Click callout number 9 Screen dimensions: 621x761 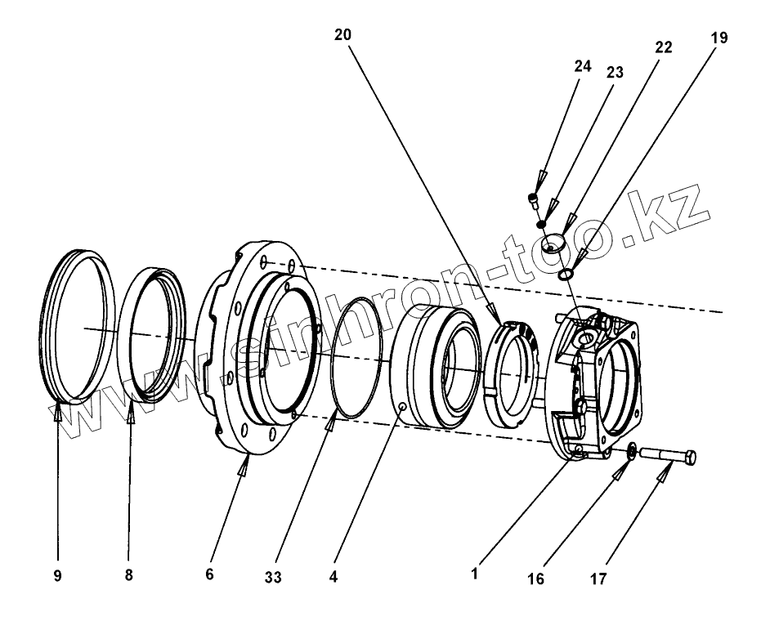pos(57,576)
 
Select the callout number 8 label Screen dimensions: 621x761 pos(128,576)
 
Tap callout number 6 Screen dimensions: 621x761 pos(209,575)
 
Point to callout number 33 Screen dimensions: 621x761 pos(273,578)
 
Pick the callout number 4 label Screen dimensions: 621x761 pos(333,577)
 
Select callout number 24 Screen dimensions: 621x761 pos(582,67)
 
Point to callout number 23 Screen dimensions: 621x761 pos(615,73)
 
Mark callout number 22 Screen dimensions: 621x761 pos(663,47)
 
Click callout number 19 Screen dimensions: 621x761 pos(718,38)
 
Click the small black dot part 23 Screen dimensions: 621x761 pos(540,223)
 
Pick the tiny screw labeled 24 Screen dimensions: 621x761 pos(534,199)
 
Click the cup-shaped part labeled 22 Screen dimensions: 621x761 pos(556,243)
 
